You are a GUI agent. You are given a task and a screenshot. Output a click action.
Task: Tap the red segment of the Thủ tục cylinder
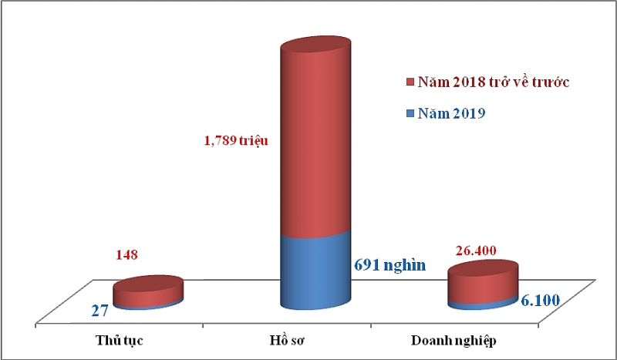tap(148, 291)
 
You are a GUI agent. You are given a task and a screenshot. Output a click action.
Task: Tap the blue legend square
tap(409, 114)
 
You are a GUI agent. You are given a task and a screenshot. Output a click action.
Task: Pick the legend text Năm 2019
tap(451, 114)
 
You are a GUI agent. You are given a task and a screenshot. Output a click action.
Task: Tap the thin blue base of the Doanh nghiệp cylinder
tap(483, 304)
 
